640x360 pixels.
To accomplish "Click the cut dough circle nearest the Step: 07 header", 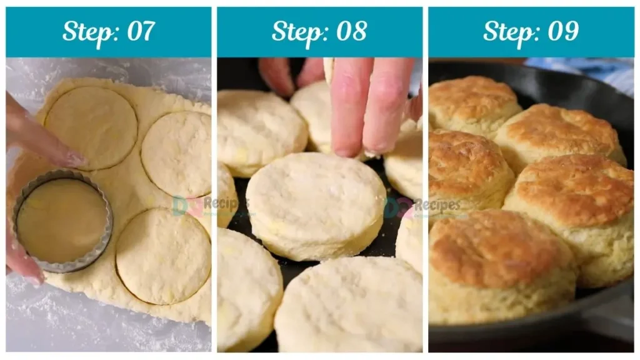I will pyautogui.click(x=91, y=127).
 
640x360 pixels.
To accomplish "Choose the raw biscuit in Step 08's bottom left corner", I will pyautogui.click(x=247, y=291).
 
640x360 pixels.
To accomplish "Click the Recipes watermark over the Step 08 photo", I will pyautogui.click(x=431, y=205).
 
